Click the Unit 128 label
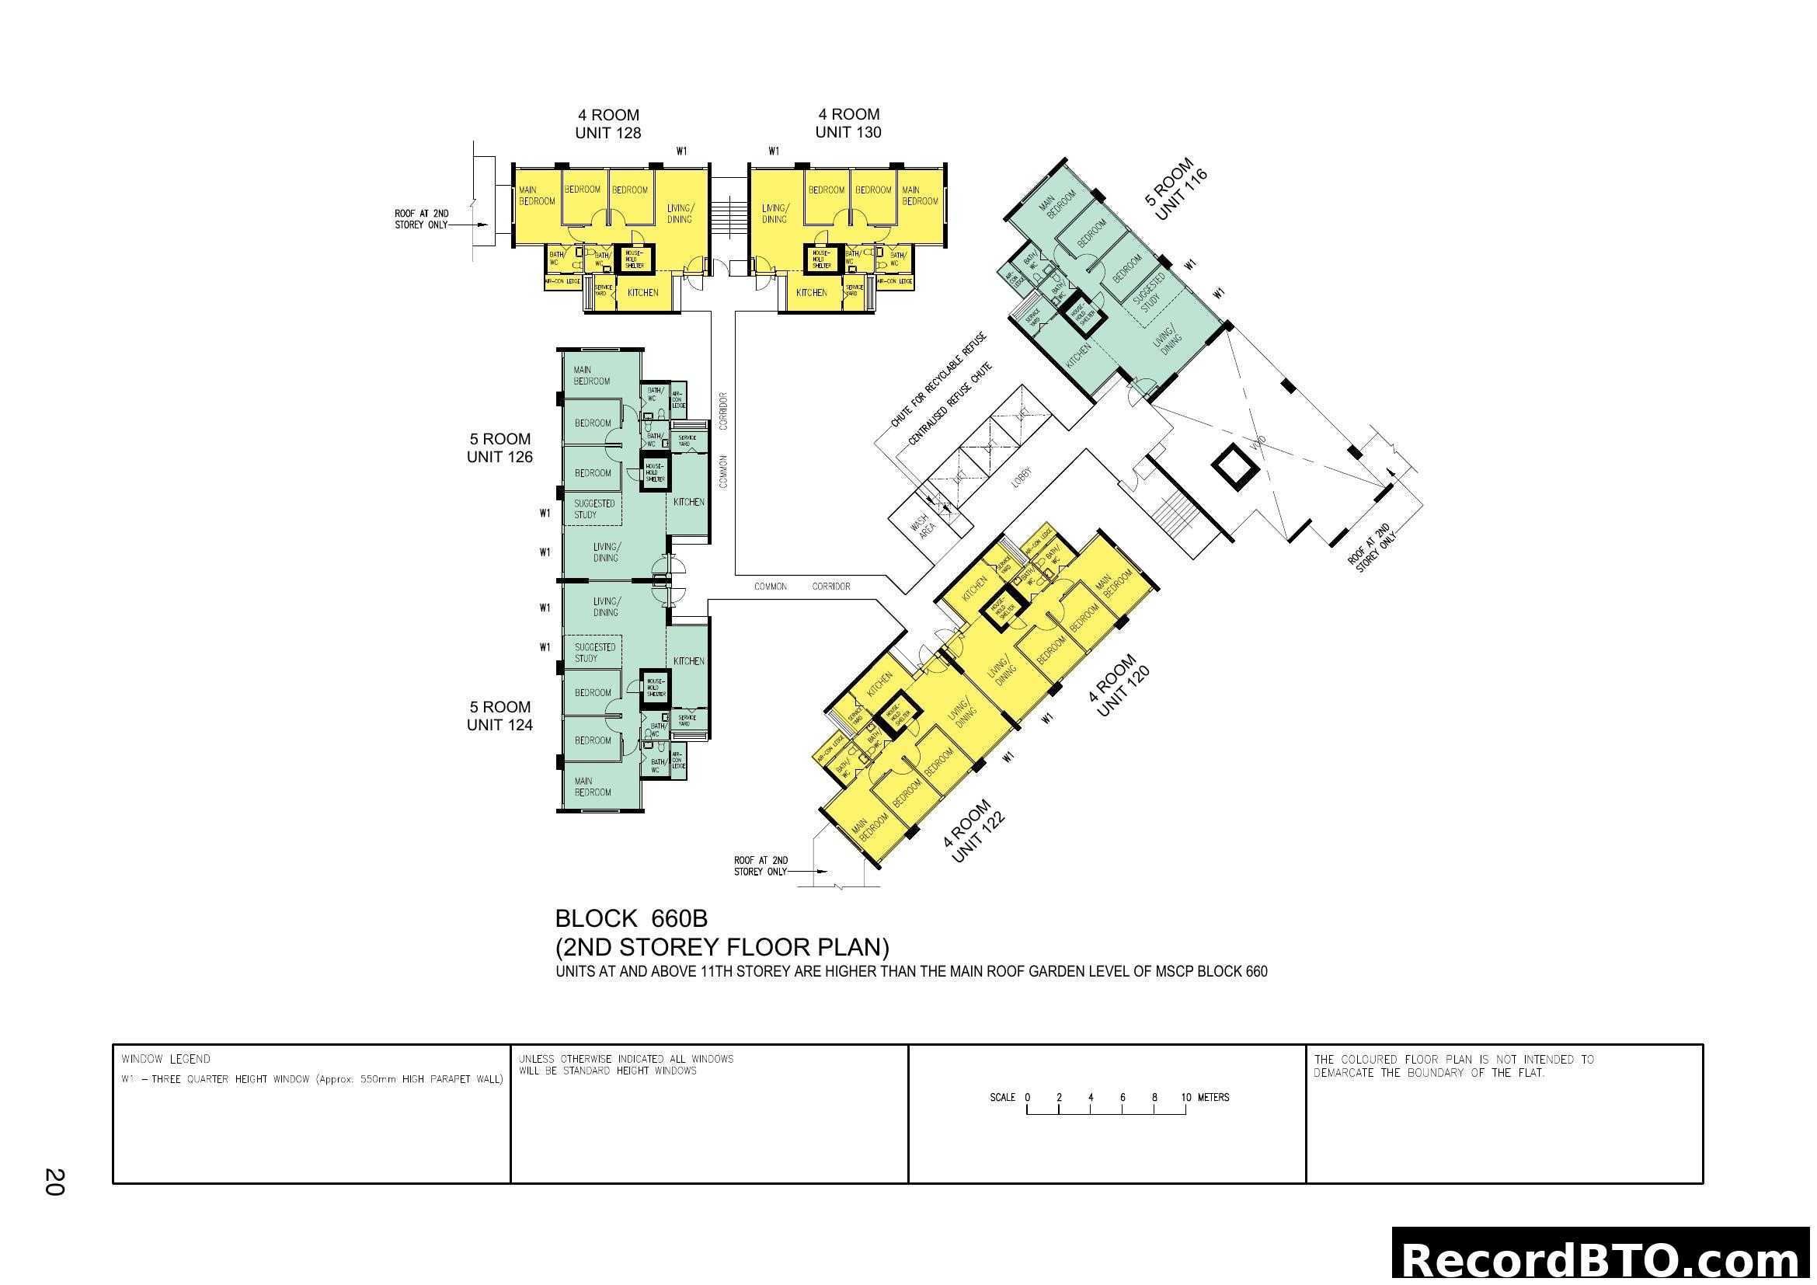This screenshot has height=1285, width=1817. tap(607, 133)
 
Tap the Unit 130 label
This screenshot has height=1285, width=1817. tap(848, 132)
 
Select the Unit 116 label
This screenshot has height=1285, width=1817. tap(1181, 195)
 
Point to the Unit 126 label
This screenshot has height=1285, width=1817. tap(500, 457)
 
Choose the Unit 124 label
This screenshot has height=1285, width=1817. tap(500, 725)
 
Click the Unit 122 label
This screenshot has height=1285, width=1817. tap(978, 838)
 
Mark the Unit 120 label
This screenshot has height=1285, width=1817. tap(1123, 691)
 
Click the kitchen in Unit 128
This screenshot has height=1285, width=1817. tap(642, 293)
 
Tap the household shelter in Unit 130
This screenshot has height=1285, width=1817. tap(820, 259)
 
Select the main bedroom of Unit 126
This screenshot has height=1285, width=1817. tap(591, 376)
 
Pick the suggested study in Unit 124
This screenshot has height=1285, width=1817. tap(594, 653)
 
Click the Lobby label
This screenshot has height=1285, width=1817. tap(1022, 478)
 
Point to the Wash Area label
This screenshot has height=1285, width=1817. tap(923, 525)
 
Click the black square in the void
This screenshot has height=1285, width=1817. tap(1235, 468)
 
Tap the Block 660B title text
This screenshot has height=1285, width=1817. tap(631, 918)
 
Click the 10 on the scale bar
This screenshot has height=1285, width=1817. tap(1185, 1098)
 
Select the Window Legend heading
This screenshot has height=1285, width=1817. tap(165, 1060)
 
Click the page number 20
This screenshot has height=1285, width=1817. tap(54, 1182)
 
